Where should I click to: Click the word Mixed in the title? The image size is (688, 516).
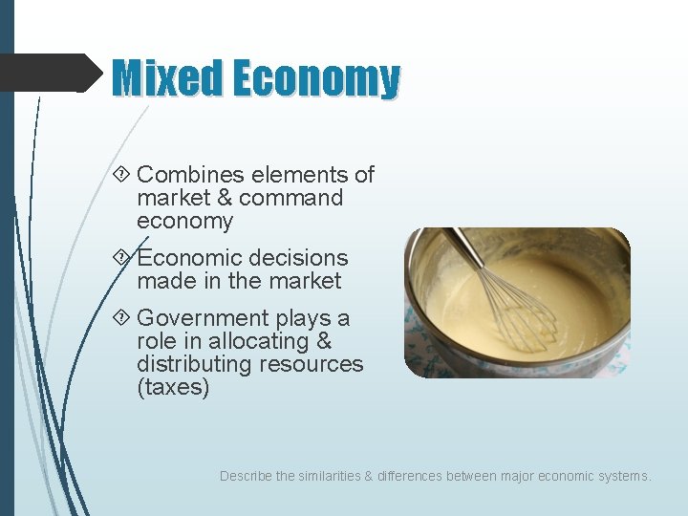(166, 78)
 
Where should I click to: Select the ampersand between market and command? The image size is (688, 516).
(222, 198)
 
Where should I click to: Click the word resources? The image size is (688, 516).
(313, 364)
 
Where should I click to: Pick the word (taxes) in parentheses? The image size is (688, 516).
(173, 387)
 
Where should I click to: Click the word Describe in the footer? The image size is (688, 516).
(246, 476)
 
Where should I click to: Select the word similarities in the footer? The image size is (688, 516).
(331, 476)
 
